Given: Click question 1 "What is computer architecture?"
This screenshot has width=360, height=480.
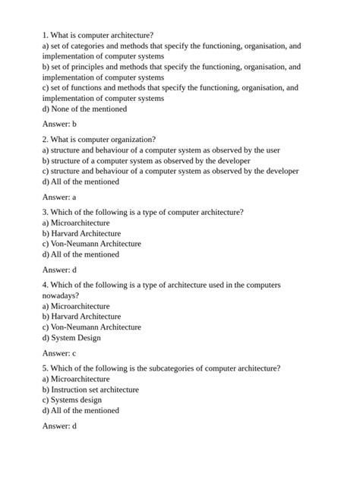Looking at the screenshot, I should point(98,35).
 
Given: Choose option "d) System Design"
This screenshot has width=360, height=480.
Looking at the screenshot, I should point(71,338).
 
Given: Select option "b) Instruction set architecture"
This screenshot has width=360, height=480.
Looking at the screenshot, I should point(90,389).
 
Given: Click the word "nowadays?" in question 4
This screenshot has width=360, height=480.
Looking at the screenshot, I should point(62,295).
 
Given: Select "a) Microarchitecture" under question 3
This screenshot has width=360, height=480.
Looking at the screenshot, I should point(76,223).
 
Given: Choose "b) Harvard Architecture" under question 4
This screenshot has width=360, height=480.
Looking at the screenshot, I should point(81,317).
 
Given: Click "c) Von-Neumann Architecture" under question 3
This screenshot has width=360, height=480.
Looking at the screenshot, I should point(91,244).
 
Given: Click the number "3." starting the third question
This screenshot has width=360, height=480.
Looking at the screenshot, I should point(46,212).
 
